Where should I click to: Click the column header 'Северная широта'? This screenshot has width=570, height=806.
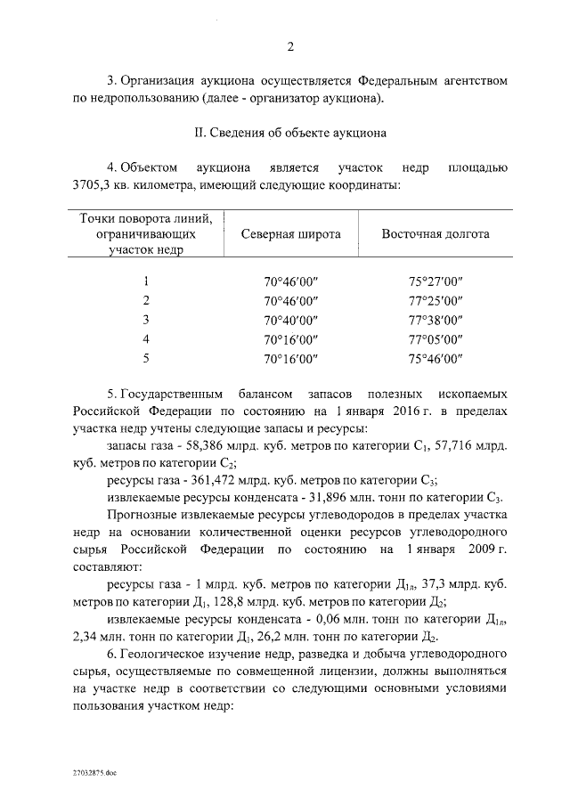(290, 235)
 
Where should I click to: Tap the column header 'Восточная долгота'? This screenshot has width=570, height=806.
(435, 235)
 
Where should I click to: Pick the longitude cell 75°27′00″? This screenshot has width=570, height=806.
(436, 283)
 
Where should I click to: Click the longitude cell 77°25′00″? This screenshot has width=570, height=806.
(436, 302)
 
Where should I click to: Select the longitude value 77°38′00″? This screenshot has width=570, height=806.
(436, 321)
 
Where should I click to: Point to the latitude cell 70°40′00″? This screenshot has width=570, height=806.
(290, 321)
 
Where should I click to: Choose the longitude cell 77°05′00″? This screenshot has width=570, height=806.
(436, 339)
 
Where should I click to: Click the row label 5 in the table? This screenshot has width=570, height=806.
(145, 358)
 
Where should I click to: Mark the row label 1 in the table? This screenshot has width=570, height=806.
(145, 283)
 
